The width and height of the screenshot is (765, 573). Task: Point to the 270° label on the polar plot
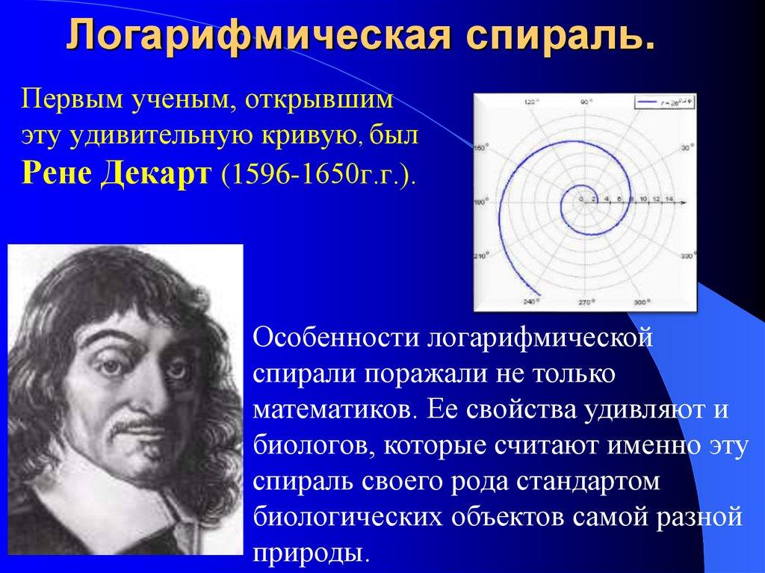(584, 303)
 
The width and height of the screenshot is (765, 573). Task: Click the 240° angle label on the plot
(531, 302)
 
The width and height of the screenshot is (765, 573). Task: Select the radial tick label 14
(669, 199)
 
